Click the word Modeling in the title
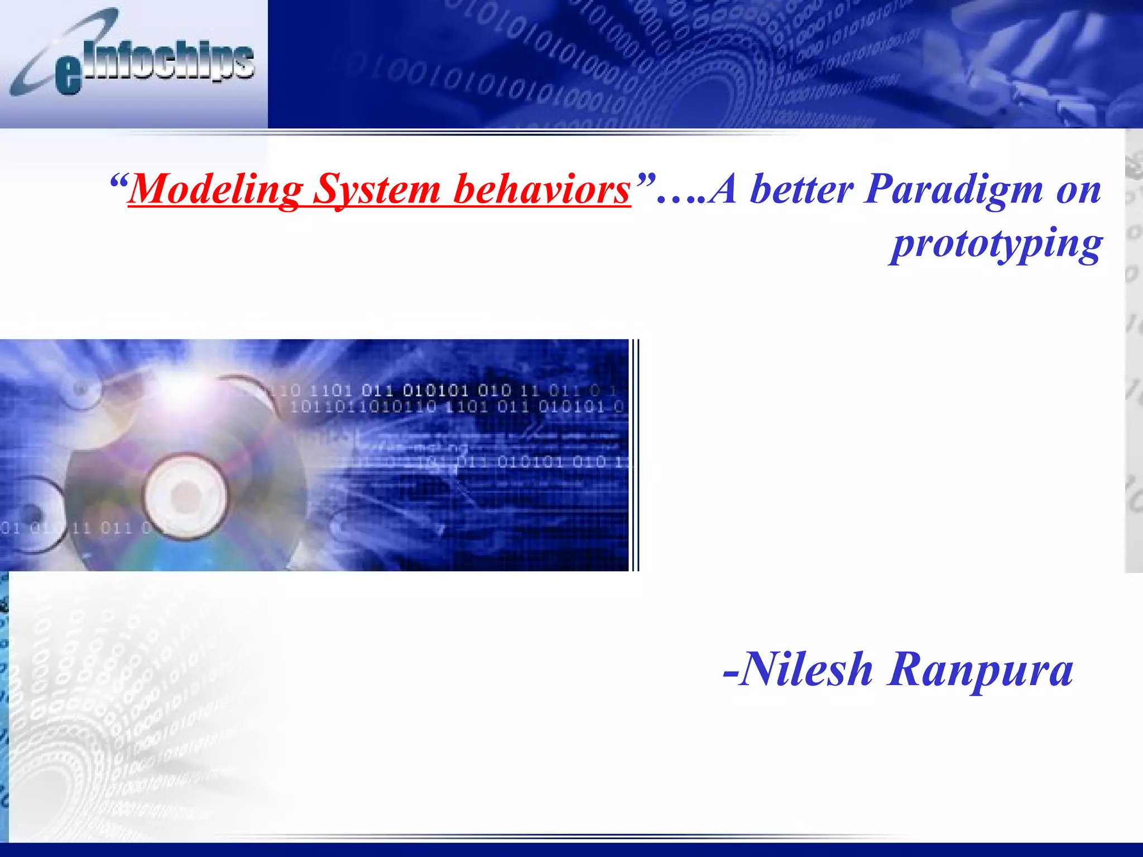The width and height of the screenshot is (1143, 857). pyautogui.click(x=215, y=190)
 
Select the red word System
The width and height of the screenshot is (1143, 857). pyautogui.click(x=377, y=190)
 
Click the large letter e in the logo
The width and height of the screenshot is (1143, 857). pyautogui.click(x=68, y=75)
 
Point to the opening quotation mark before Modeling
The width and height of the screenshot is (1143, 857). pyautogui.click(x=118, y=181)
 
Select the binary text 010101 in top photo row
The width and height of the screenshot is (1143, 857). pyautogui.click(x=435, y=390)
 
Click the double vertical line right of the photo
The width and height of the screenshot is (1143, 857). pyautogui.click(x=635, y=455)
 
